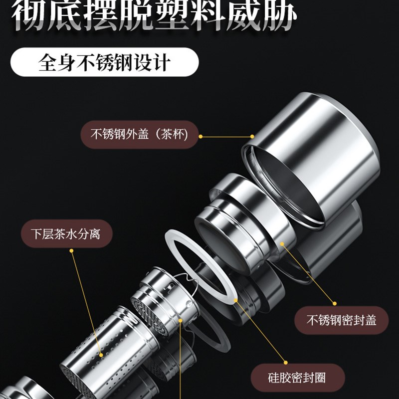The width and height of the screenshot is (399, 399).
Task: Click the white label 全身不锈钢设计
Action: pos(104,63)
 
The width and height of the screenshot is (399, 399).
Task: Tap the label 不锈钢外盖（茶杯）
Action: pos(139,134)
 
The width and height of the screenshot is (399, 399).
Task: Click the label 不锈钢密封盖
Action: pos(341,320)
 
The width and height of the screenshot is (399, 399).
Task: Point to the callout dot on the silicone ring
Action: pos(235,301)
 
